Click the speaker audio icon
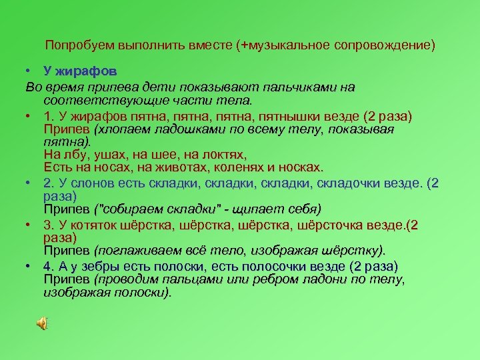(41, 324)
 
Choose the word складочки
(353, 183)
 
